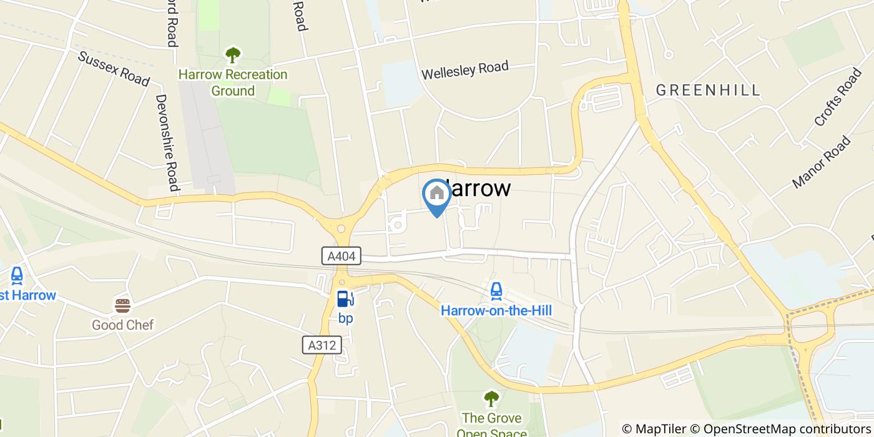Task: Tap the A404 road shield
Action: pyautogui.click(x=341, y=255)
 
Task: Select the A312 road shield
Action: pyautogui.click(x=323, y=345)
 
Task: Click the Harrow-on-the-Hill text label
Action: pyautogui.click(x=496, y=310)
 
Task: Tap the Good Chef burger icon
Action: pyautogui.click(x=122, y=306)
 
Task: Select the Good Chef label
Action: pyautogui.click(x=122, y=325)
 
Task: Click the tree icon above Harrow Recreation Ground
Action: pyautogui.click(x=233, y=55)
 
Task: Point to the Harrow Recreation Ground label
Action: pyautogui.click(x=233, y=82)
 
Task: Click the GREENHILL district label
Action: pyautogui.click(x=708, y=91)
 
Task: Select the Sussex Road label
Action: pyautogui.click(x=114, y=69)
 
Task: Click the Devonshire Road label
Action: pyautogui.click(x=167, y=142)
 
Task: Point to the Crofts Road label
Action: pyautogui.click(x=838, y=98)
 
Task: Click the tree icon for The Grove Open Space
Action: pyautogui.click(x=491, y=398)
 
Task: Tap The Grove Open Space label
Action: pyautogui.click(x=491, y=425)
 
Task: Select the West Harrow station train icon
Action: pyautogui.click(x=17, y=275)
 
